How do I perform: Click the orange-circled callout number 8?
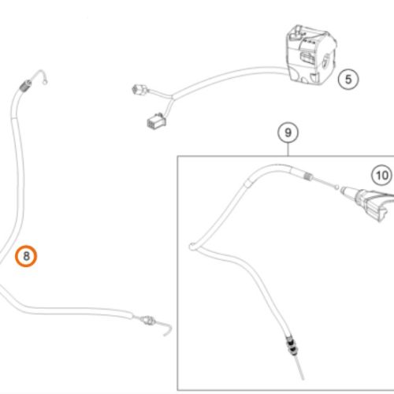point(26,256)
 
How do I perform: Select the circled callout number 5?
point(348,79)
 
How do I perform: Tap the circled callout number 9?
point(288,132)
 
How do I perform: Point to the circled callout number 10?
point(381,175)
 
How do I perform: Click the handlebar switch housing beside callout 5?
point(310,54)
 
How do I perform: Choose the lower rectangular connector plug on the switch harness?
point(157,121)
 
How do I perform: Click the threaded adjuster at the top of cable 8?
point(26,85)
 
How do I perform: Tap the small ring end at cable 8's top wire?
point(45,83)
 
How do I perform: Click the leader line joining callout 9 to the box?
point(288,150)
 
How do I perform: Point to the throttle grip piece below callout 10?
point(370,204)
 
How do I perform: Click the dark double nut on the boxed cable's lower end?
point(291,346)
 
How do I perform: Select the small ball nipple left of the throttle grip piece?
point(337,187)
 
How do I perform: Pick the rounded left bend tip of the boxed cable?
point(191,247)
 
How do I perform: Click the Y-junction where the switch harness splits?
point(173,98)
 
